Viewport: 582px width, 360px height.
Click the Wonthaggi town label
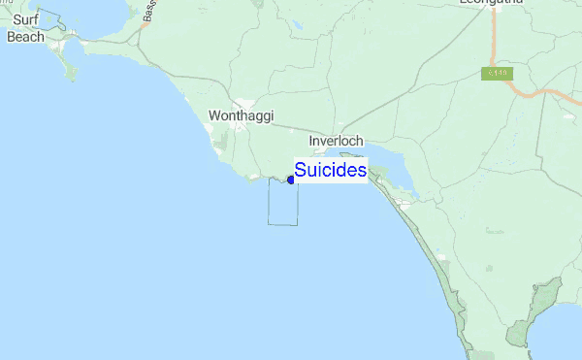coord(241,115)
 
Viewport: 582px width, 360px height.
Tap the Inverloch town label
coord(336,141)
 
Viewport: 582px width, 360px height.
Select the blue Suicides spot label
coord(330,170)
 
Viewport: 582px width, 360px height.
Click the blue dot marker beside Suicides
coord(291,180)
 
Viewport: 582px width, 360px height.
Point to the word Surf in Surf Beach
coord(26,19)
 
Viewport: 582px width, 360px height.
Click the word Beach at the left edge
coord(25,37)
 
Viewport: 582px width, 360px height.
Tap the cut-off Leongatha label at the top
coord(492,4)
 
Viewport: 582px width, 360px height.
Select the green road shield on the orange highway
coord(496,74)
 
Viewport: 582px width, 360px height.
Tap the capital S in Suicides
coord(301,170)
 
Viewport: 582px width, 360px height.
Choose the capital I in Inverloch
coord(310,141)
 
